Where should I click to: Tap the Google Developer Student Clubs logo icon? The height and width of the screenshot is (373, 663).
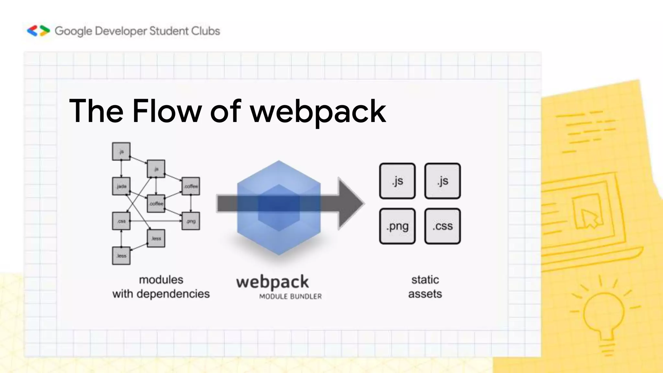(39, 31)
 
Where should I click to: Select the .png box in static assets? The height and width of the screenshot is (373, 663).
(397, 226)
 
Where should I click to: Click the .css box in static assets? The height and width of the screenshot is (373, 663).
(443, 226)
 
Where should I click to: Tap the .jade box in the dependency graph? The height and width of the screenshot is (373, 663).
(121, 186)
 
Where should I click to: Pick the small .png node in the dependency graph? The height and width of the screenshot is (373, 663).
(191, 221)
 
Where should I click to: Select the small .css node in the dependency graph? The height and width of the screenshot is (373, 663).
(121, 221)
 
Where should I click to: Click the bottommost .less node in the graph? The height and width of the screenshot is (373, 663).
(121, 256)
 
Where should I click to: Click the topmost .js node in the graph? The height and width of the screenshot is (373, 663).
(121, 151)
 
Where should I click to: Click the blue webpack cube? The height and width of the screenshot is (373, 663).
(279, 207)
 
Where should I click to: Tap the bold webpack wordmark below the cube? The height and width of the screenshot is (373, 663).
(272, 282)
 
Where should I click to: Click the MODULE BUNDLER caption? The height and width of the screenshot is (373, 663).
(290, 297)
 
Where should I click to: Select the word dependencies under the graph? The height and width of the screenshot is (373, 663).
(173, 294)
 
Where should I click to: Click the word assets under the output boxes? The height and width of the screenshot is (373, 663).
(425, 294)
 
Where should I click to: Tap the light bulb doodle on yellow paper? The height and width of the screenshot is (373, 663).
(604, 314)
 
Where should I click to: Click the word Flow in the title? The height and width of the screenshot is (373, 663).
(167, 112)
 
